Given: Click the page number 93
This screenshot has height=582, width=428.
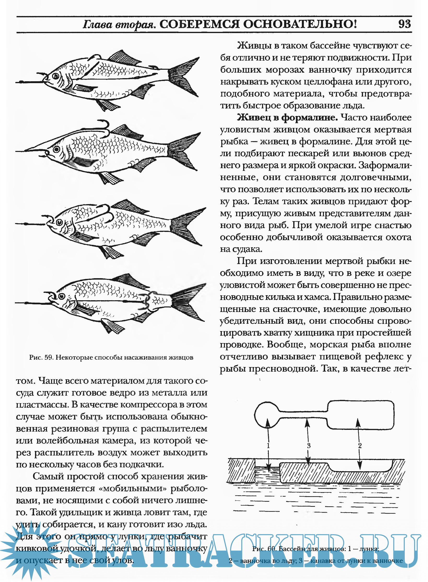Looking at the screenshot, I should click(x=405, y=24).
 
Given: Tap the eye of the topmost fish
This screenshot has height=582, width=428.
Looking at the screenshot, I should click(x=55, y=76).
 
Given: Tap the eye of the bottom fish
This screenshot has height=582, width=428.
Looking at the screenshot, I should click(x=62, y=296).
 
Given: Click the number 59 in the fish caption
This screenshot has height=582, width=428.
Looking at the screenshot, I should click(x=49, y=357).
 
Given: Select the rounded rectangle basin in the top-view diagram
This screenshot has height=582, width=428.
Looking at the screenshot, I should click(x=361, y=414).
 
